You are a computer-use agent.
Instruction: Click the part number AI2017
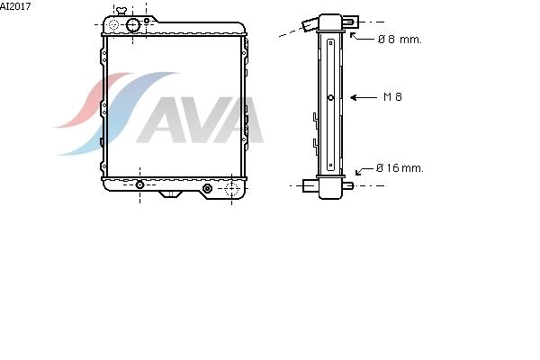click(15, 6)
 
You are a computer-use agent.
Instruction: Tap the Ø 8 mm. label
click(400, 40)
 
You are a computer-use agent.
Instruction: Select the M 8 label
click(392, 97)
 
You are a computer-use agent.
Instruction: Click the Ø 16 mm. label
click(400, 168)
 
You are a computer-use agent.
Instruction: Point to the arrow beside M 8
click(364, 97)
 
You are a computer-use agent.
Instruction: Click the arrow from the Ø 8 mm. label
click(361, 37)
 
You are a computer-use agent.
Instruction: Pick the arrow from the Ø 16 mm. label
click(364, 171)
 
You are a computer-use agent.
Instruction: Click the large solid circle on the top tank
click(133, 25)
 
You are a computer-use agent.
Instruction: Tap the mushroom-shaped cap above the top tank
click(121, 11)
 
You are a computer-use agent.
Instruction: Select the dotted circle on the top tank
click(113, 25)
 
